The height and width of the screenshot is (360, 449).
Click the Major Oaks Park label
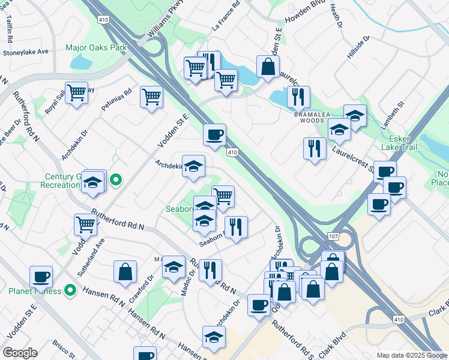[96, 47]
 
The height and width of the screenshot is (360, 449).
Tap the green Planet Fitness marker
[70, 291]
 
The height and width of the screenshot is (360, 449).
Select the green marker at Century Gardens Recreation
[117, 179]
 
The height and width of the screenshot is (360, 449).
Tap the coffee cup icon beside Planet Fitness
[41, 277]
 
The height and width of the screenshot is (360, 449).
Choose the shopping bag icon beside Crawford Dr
[125, 271]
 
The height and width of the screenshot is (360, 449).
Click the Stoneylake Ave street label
[25, 52]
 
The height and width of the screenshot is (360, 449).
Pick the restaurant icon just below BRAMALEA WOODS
[315, 149]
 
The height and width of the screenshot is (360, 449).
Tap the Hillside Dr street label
[358, 47]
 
